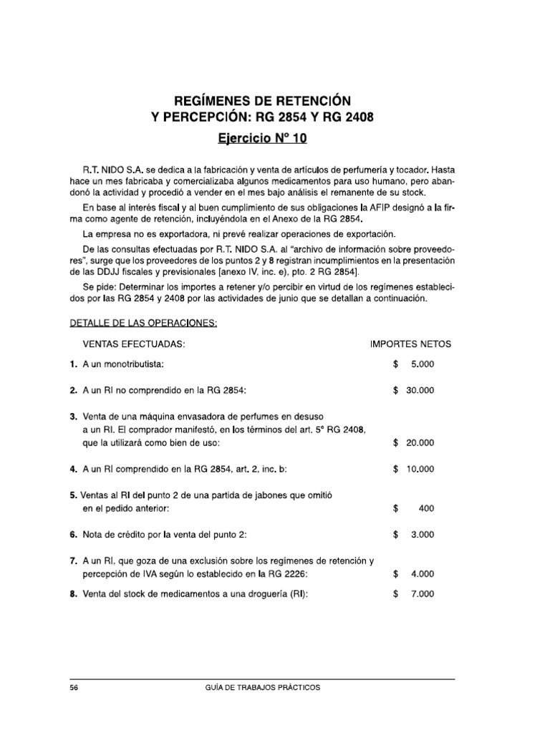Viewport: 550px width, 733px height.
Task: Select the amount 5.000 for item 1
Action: (x=422, y=364)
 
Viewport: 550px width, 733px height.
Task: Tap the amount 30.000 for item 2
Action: (x=419, y=391)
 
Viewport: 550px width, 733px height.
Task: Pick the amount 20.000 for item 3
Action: (x=419, y=443)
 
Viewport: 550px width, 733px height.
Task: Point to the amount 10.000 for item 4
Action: (x=419, y=469)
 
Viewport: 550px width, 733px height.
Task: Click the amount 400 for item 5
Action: (x=425, y=508)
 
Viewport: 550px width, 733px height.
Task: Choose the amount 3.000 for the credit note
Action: (x=422, y=534)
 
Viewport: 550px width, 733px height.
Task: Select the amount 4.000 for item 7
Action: (x=422, y=573)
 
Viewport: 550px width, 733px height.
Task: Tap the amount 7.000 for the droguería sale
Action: (x=422, y=593)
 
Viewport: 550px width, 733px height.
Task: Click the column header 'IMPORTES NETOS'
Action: (x=410, y=344)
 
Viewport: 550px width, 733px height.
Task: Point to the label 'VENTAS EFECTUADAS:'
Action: (x=135, y=344)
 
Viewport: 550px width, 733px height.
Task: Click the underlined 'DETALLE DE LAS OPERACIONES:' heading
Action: (x=143, y=323)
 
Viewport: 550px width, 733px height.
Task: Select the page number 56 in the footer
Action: (x=74, y=687)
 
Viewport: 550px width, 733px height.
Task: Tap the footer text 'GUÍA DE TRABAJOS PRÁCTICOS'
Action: (x=262, y=687)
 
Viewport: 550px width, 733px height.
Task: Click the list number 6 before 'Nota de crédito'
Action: (x=73, y=534)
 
